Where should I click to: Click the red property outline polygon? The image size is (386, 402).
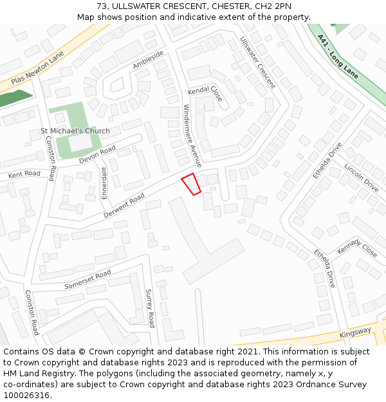(191, 184)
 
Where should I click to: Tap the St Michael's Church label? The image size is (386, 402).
(75, 131)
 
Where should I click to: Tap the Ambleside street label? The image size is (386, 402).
(149, 60)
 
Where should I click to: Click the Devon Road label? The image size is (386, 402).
(97, 154)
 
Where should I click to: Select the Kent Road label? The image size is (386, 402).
(24, 174)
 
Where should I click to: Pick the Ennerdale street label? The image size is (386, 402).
(104, 183)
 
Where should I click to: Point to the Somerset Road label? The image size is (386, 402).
(88, 279)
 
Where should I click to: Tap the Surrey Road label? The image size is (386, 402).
(150, 307)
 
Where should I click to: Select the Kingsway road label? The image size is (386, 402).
(356, 331)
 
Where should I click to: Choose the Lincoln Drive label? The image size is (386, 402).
(361, 177)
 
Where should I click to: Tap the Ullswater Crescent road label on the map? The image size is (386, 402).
(257, 62)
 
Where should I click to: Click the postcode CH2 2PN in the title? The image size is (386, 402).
(265, 6)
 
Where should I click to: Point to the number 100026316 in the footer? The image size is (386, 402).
(26, 395)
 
